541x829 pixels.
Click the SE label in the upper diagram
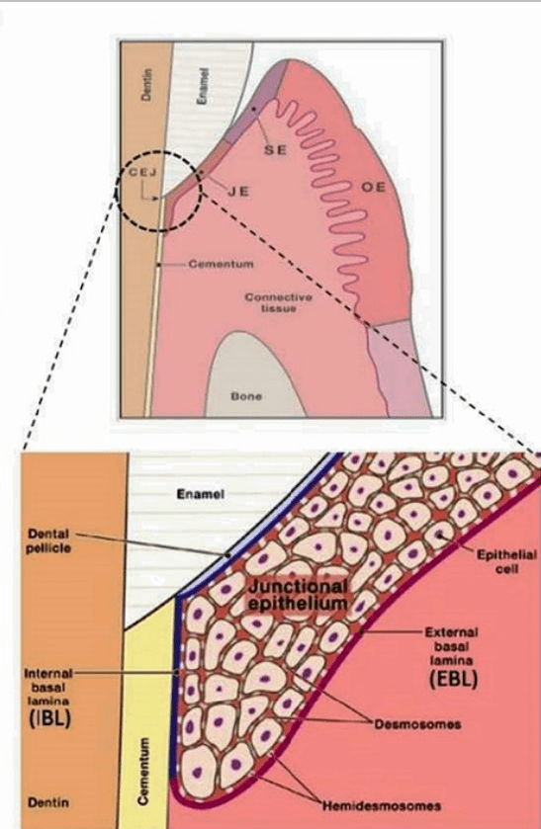click(x=275, y=149)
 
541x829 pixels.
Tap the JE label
click(x=238, y=192)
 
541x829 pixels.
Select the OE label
click(x=373, y=187)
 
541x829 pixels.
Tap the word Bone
click(x=246, y=396)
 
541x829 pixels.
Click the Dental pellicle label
click(x=48, y=541)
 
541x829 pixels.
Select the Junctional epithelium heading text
click(x=298, y=594)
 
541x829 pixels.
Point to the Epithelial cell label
click(x=506, y=562)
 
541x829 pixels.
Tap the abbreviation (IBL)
click(x=47, y=719)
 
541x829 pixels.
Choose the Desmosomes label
click(x=417, y=724)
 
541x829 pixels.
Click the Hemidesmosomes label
click(x=382, y=805)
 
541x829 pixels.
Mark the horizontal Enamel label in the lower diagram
click(x=201, y=494)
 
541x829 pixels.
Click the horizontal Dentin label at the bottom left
click(x=48, y=802)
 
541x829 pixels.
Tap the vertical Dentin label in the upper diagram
click(x=147, y=84)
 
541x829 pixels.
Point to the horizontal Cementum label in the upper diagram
click(x=221, y=263)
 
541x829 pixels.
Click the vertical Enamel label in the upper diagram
click(x=201, y=86)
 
